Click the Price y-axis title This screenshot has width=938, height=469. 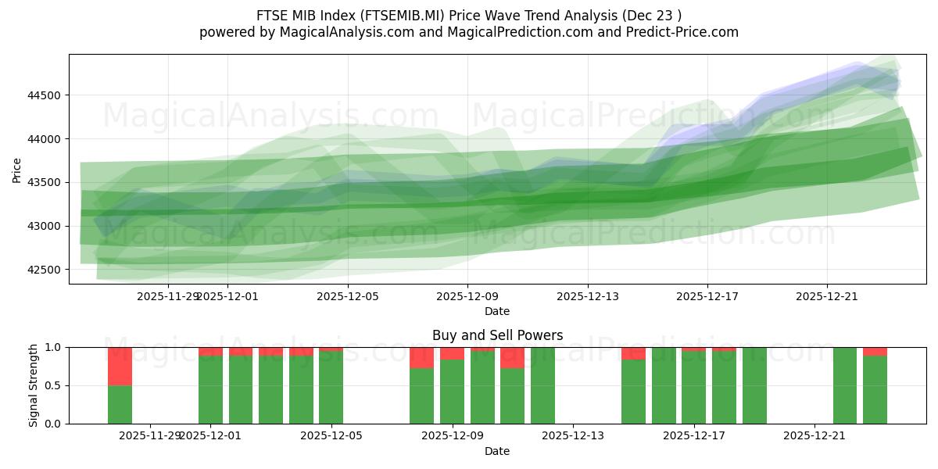(x=16, y=169)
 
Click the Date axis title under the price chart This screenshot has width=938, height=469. (x=497, y=311)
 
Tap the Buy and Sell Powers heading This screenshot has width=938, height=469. (x=497, y=335)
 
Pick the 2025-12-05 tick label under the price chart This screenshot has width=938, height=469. (x=347, y=296)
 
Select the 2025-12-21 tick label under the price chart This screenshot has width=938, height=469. (x=827, y=296)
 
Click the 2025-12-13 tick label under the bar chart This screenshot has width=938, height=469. (x=573, y=435)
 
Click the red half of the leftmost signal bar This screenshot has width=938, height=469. (x=120, y=366)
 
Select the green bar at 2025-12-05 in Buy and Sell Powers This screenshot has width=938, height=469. (x=331, y=388)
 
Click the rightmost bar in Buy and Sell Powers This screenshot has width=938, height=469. (x=875, y=389)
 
